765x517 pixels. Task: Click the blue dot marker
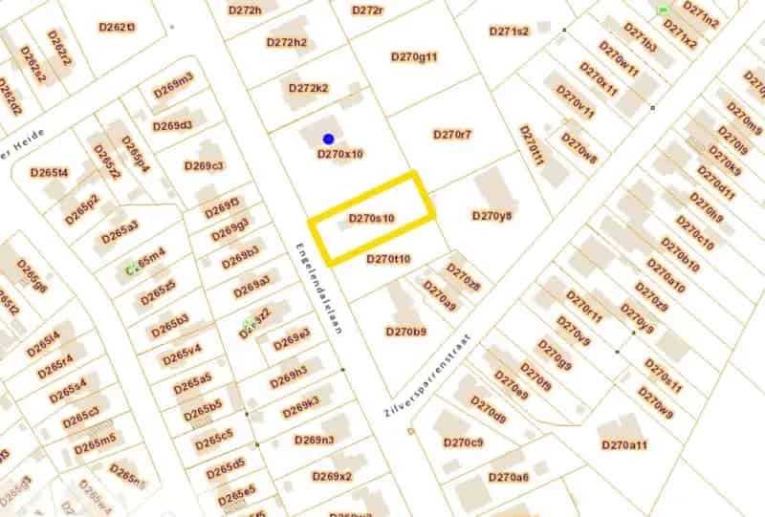coord(328,140)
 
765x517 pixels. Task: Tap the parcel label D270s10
coord(372,219)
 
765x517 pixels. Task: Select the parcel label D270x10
coord(339,153)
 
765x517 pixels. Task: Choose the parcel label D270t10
coord(388,259)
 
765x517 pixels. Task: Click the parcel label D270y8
coord(492,216)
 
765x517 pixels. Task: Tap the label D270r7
coord(452,135)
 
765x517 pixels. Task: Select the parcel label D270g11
coord(414,56)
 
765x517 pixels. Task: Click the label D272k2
coord(309,88)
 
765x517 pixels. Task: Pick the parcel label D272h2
coord(287,42)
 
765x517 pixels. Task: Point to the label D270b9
coord(405,332)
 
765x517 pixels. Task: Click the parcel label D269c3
coord(204,166)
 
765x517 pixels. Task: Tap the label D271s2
coord(509,32)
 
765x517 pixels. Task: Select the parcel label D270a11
coord(624,445)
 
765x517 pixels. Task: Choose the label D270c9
coord(463,442)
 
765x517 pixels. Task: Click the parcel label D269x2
coord(332,476)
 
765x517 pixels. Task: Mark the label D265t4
coord(49,173)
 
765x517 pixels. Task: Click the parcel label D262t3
coord(117,27)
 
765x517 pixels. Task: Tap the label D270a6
coord(508,477)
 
